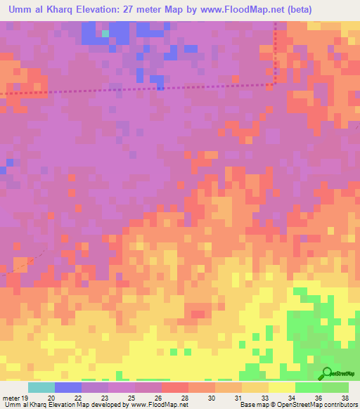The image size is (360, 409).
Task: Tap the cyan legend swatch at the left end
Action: point(41,387)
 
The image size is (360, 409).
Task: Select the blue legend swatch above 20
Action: point(68,387)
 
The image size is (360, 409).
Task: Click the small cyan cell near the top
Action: point(105,33)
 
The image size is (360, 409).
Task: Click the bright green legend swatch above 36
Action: point(309,387)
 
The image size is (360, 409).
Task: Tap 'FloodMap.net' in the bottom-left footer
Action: point(155,405)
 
